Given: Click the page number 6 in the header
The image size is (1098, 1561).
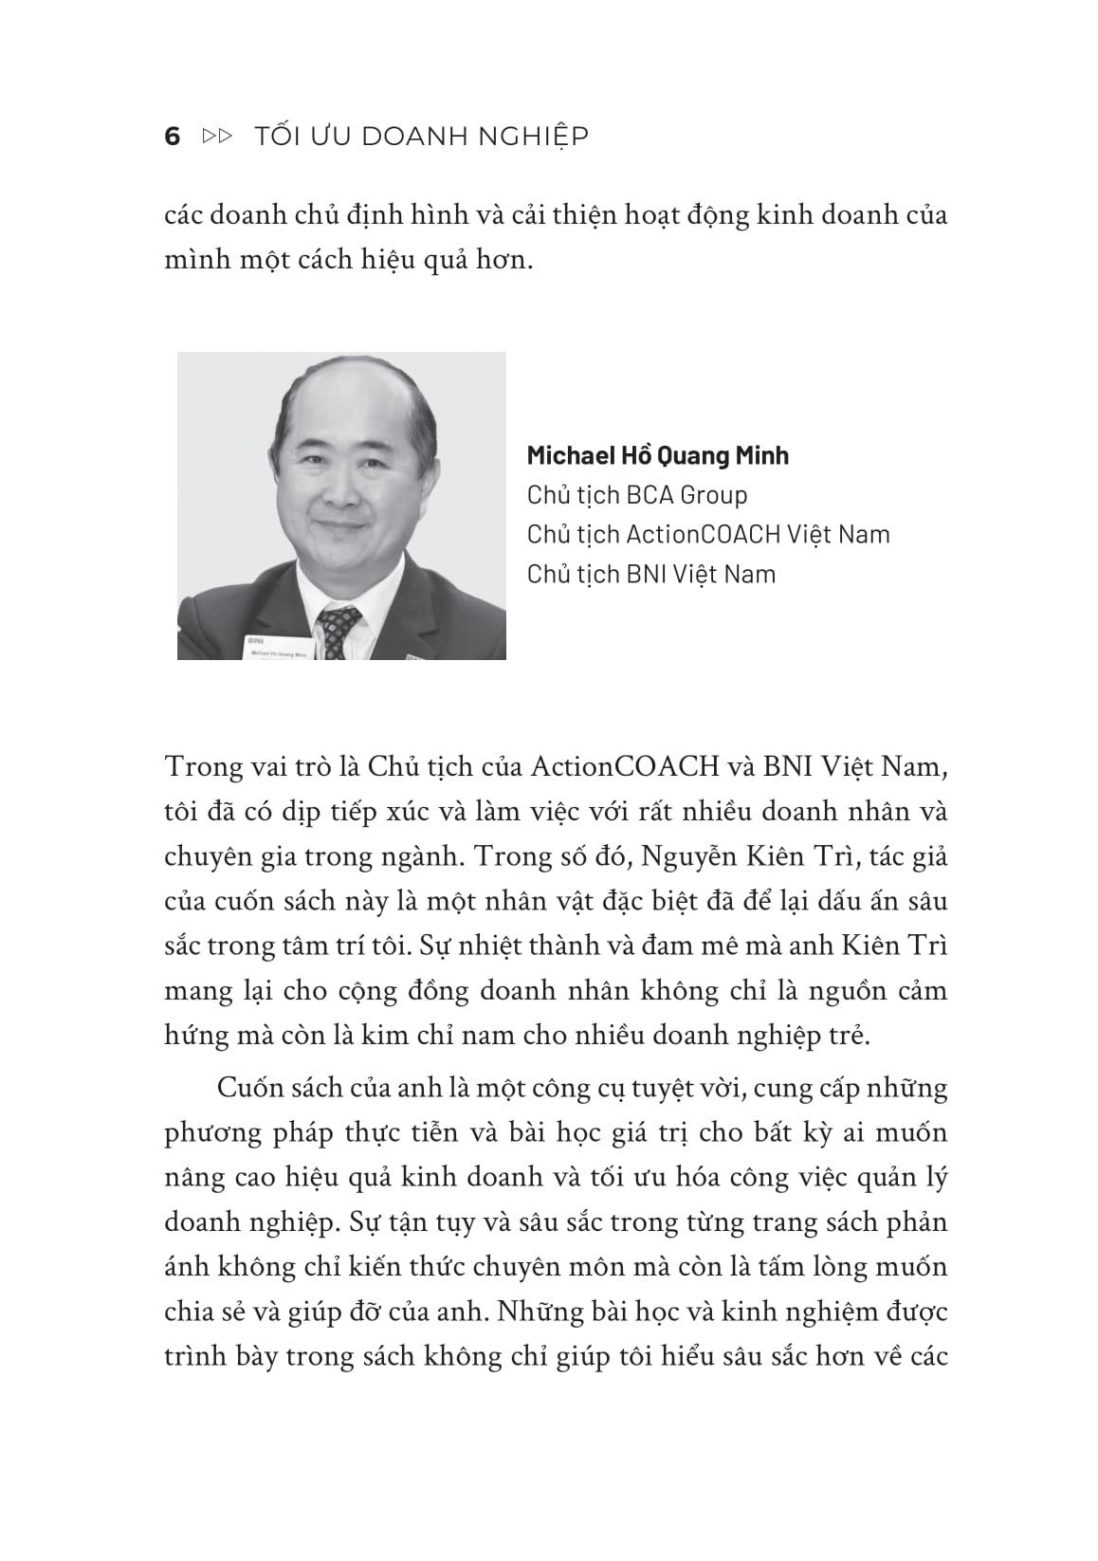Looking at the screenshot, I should pyautogui.click(x=173, y=137).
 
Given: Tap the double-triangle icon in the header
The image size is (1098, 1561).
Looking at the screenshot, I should pyautogui.click(x=218, y=137).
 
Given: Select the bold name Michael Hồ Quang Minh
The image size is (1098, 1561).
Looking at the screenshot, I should pyautogui.click(x=657, y=455).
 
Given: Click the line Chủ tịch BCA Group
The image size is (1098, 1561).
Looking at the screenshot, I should pyautogui.click(x=637, y=495).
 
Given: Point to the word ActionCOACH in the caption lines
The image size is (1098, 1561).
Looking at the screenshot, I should pyautogui.click(x=705, y=535).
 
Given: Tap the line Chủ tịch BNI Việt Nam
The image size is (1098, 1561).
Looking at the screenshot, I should pyautogui.click(x=651, y=575).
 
